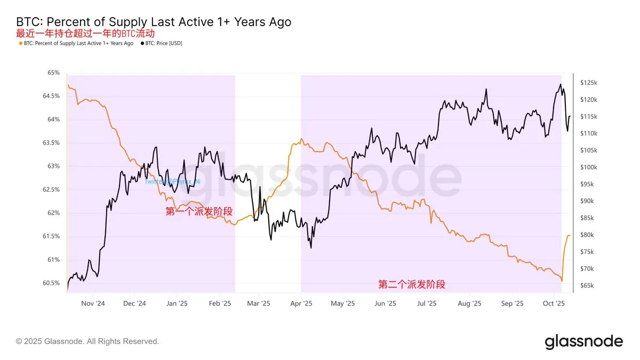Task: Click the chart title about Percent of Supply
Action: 154,22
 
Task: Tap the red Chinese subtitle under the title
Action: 86,33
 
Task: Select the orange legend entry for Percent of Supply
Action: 76,43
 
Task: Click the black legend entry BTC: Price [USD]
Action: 161,43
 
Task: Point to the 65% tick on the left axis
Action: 53,73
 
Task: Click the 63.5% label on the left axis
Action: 51,142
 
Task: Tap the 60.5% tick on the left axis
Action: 51,283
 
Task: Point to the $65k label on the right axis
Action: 588,286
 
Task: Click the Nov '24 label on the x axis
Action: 93,303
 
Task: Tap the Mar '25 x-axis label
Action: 258,303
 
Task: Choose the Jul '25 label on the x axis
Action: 427,303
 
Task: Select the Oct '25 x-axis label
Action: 554,303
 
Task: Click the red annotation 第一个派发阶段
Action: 199,211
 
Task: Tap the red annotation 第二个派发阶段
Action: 412,285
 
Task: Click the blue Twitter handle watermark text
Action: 172,181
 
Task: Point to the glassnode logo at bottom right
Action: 583,341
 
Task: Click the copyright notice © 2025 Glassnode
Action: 87,341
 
